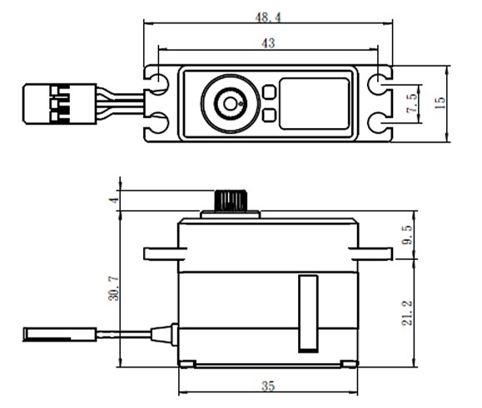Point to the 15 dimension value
point(440,102)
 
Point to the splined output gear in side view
point(227,200)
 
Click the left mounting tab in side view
point(162,252)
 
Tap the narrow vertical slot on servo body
point(308,312)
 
